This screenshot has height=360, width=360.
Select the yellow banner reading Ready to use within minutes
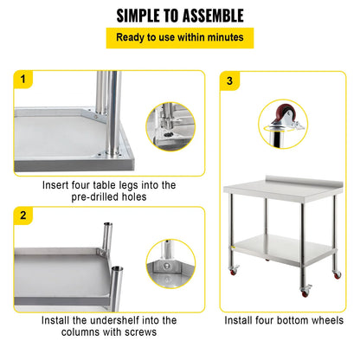click(179, 38)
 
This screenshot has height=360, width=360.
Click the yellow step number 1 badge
click(22, 80)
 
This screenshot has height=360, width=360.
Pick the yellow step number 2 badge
click(22, 215)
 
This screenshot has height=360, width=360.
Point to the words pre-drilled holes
click(108, 196)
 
